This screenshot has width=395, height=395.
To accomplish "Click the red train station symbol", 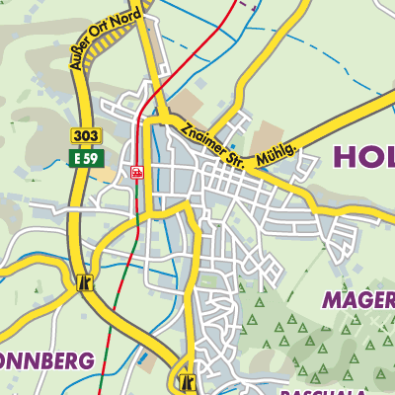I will pos(136,172).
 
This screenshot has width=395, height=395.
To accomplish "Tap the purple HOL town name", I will pos(363,156).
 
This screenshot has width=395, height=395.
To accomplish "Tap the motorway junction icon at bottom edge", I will pos(185,381).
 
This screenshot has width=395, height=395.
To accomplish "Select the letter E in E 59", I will pos(76,158).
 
